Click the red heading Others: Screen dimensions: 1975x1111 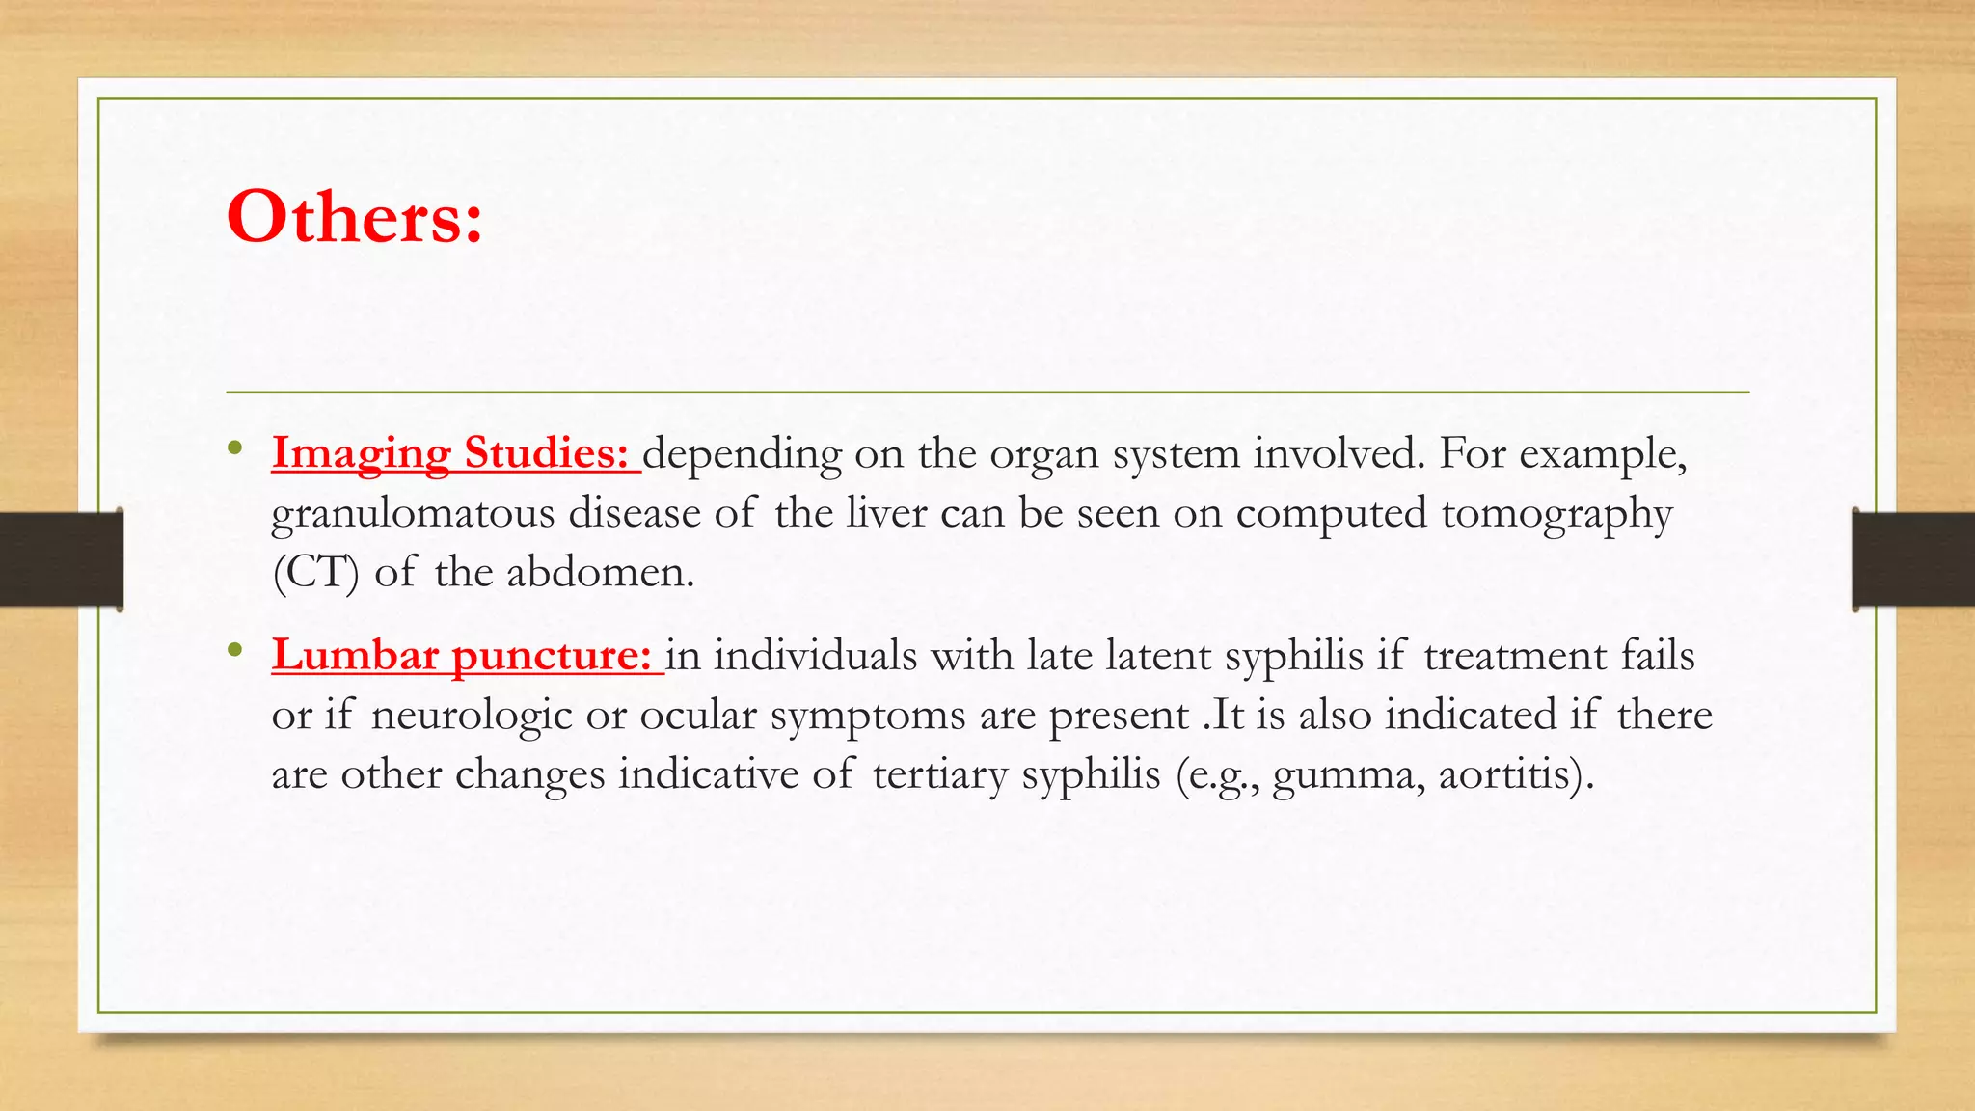coord(354,217)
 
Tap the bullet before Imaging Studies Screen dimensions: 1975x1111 coord(234,448)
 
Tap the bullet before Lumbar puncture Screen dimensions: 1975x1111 coord(234,651)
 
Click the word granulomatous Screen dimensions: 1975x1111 coord(413,514)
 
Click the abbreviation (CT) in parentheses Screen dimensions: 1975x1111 coord(315,573)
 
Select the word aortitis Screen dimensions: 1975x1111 coord(1515,774)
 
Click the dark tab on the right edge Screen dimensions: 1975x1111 coord(1913,559)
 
